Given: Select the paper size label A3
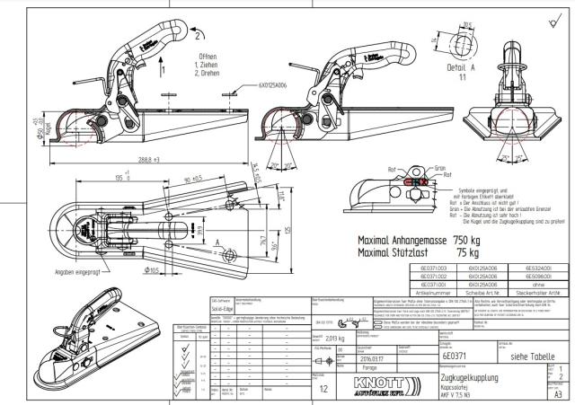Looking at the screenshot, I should [x=558, y=393].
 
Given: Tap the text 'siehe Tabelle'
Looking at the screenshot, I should [x=525, y=357].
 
